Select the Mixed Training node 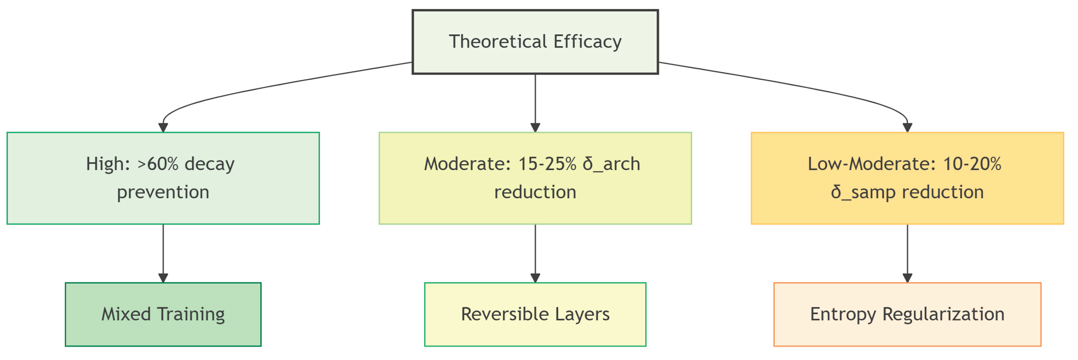point(163,314)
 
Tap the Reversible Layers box point(535,314)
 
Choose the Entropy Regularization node point(907,314)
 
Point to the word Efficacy point(588,42)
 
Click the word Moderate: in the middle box point(468,164)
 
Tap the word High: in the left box point(108,164)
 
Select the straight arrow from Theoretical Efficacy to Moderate point(535,103)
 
